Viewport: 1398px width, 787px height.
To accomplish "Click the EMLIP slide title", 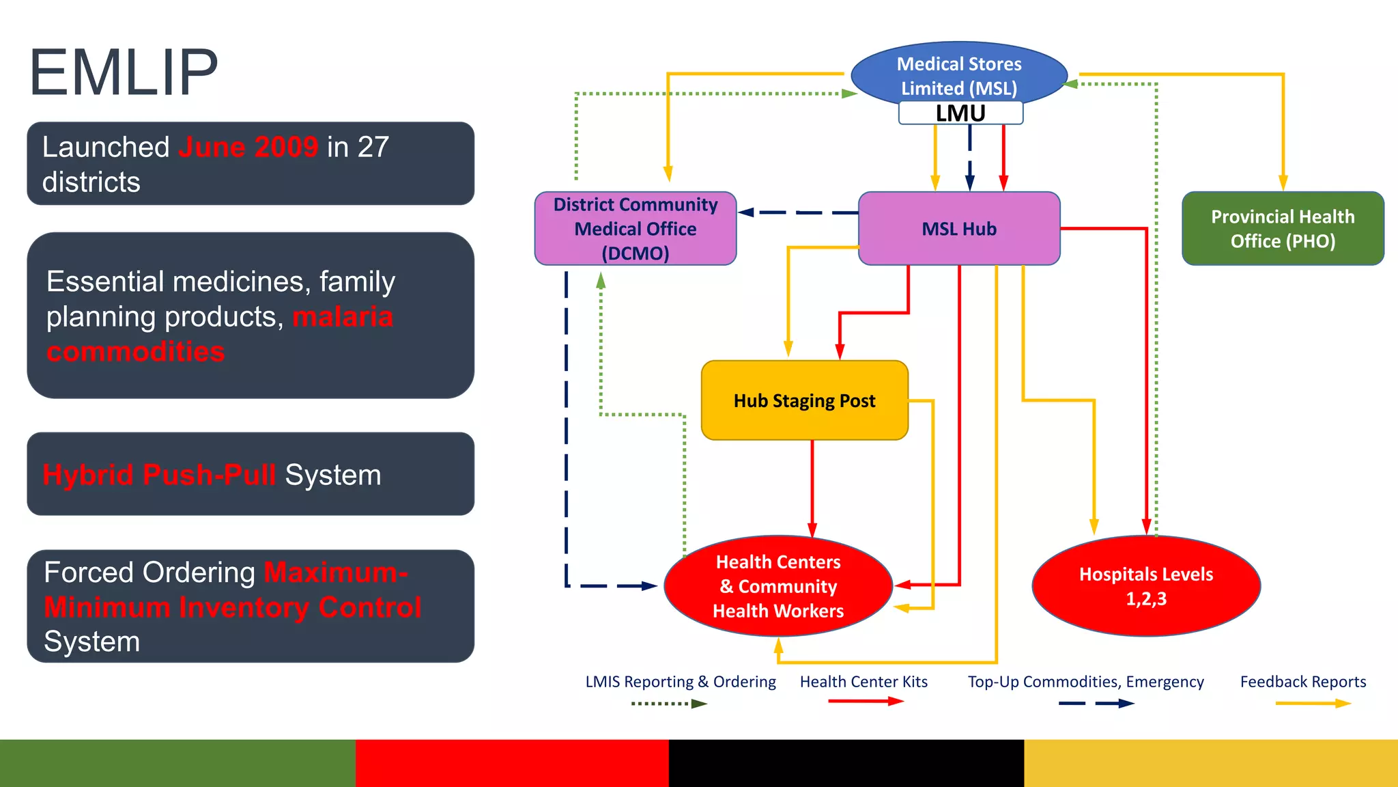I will (124, 72).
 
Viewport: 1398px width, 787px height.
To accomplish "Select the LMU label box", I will (960, 113).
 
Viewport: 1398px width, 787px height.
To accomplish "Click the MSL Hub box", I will (958, 228).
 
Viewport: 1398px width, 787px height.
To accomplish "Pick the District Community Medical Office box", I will (635, 228).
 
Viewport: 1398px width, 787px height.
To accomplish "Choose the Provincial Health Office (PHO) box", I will (1282, 228).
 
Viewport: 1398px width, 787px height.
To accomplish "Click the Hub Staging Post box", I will (804, 400).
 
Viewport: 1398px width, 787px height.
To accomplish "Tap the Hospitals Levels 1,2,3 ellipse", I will (1145, 586).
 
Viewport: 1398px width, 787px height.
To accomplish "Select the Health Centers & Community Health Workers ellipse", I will (778, 586).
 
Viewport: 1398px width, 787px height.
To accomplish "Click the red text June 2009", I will (248, 147).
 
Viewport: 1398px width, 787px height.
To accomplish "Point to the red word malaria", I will (343, 317).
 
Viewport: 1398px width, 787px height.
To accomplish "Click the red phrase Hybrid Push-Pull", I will (159, 475).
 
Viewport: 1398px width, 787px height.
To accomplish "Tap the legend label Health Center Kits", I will (864, 682).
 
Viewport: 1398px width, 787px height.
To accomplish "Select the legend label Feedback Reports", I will (1302, 682).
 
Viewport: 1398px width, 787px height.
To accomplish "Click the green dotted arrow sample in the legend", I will (669, 704).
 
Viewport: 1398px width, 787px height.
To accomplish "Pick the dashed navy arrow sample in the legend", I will (1096, 704).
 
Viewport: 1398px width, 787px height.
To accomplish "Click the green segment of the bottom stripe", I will (177, 762).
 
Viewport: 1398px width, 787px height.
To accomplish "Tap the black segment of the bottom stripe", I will (846, 762).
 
